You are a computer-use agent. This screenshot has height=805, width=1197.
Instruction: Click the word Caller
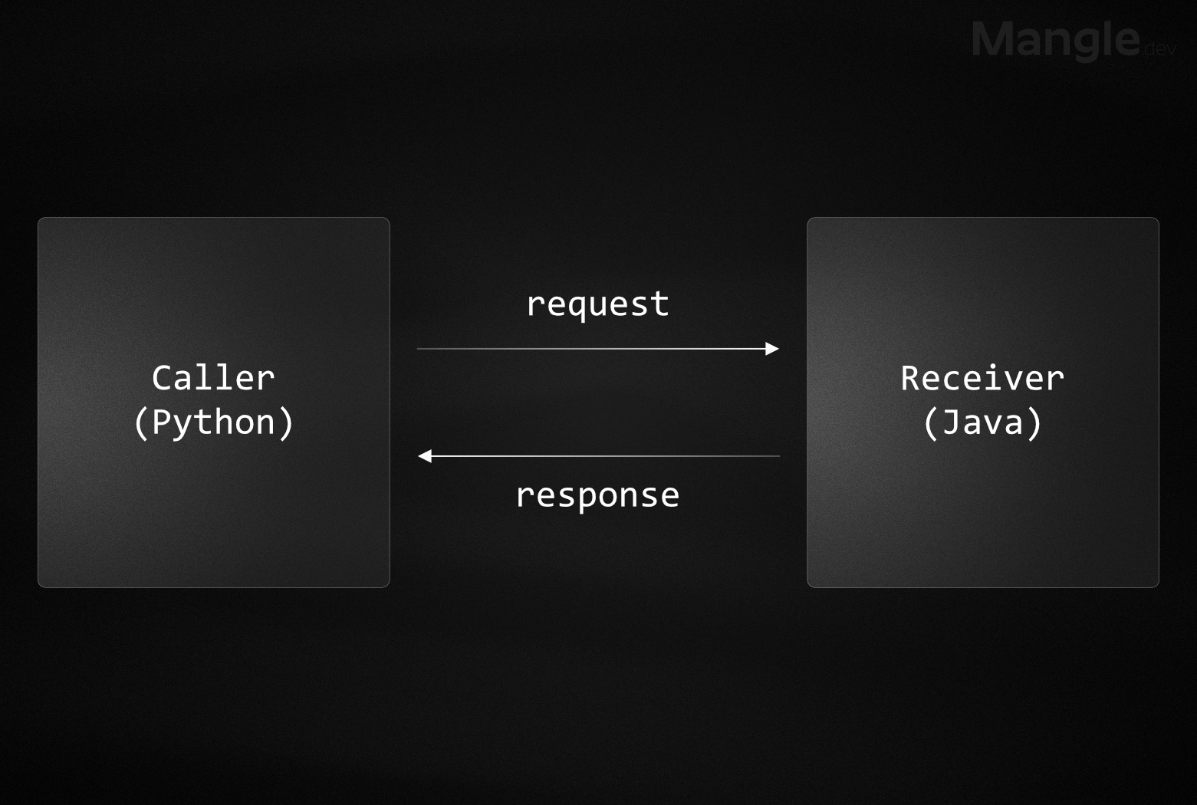213,378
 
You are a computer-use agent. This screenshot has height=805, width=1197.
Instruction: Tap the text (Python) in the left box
213,422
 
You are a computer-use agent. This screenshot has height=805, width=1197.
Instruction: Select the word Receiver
982,378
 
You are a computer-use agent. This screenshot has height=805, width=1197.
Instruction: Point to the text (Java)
982,422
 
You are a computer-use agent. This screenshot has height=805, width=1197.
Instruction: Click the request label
597,304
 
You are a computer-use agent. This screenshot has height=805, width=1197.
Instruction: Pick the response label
597,495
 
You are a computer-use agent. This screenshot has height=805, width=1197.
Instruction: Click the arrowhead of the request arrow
772,349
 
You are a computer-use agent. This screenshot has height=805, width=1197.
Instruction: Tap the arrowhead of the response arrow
425,456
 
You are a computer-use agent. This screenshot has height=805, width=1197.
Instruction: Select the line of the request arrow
590,349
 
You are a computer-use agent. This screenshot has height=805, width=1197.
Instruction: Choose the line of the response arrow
606,456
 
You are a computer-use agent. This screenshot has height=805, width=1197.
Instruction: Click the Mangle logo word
1056,40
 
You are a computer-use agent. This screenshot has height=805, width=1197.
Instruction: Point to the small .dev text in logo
1159,49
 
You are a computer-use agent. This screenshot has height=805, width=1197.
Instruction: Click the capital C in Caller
162,378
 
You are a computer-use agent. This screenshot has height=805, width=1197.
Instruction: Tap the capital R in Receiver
910,378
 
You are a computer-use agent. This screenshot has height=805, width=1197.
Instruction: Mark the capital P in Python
162,422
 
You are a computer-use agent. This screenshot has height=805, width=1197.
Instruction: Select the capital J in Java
951,422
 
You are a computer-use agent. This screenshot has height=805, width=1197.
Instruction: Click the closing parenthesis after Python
286,422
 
